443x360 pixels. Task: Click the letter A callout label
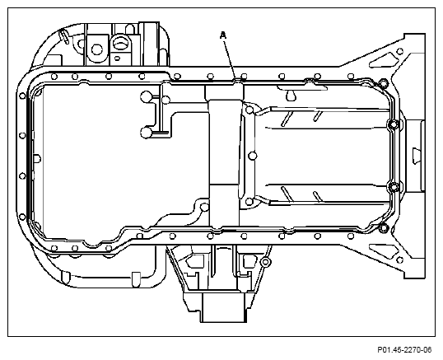(223, 35)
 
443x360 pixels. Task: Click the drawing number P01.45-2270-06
(404, 350)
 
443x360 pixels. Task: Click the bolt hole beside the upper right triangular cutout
(400, 51)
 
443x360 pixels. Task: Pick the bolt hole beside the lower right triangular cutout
(399, 260)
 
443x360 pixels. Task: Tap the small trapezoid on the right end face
(417, 156)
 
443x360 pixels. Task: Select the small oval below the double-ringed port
(117, 58)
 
